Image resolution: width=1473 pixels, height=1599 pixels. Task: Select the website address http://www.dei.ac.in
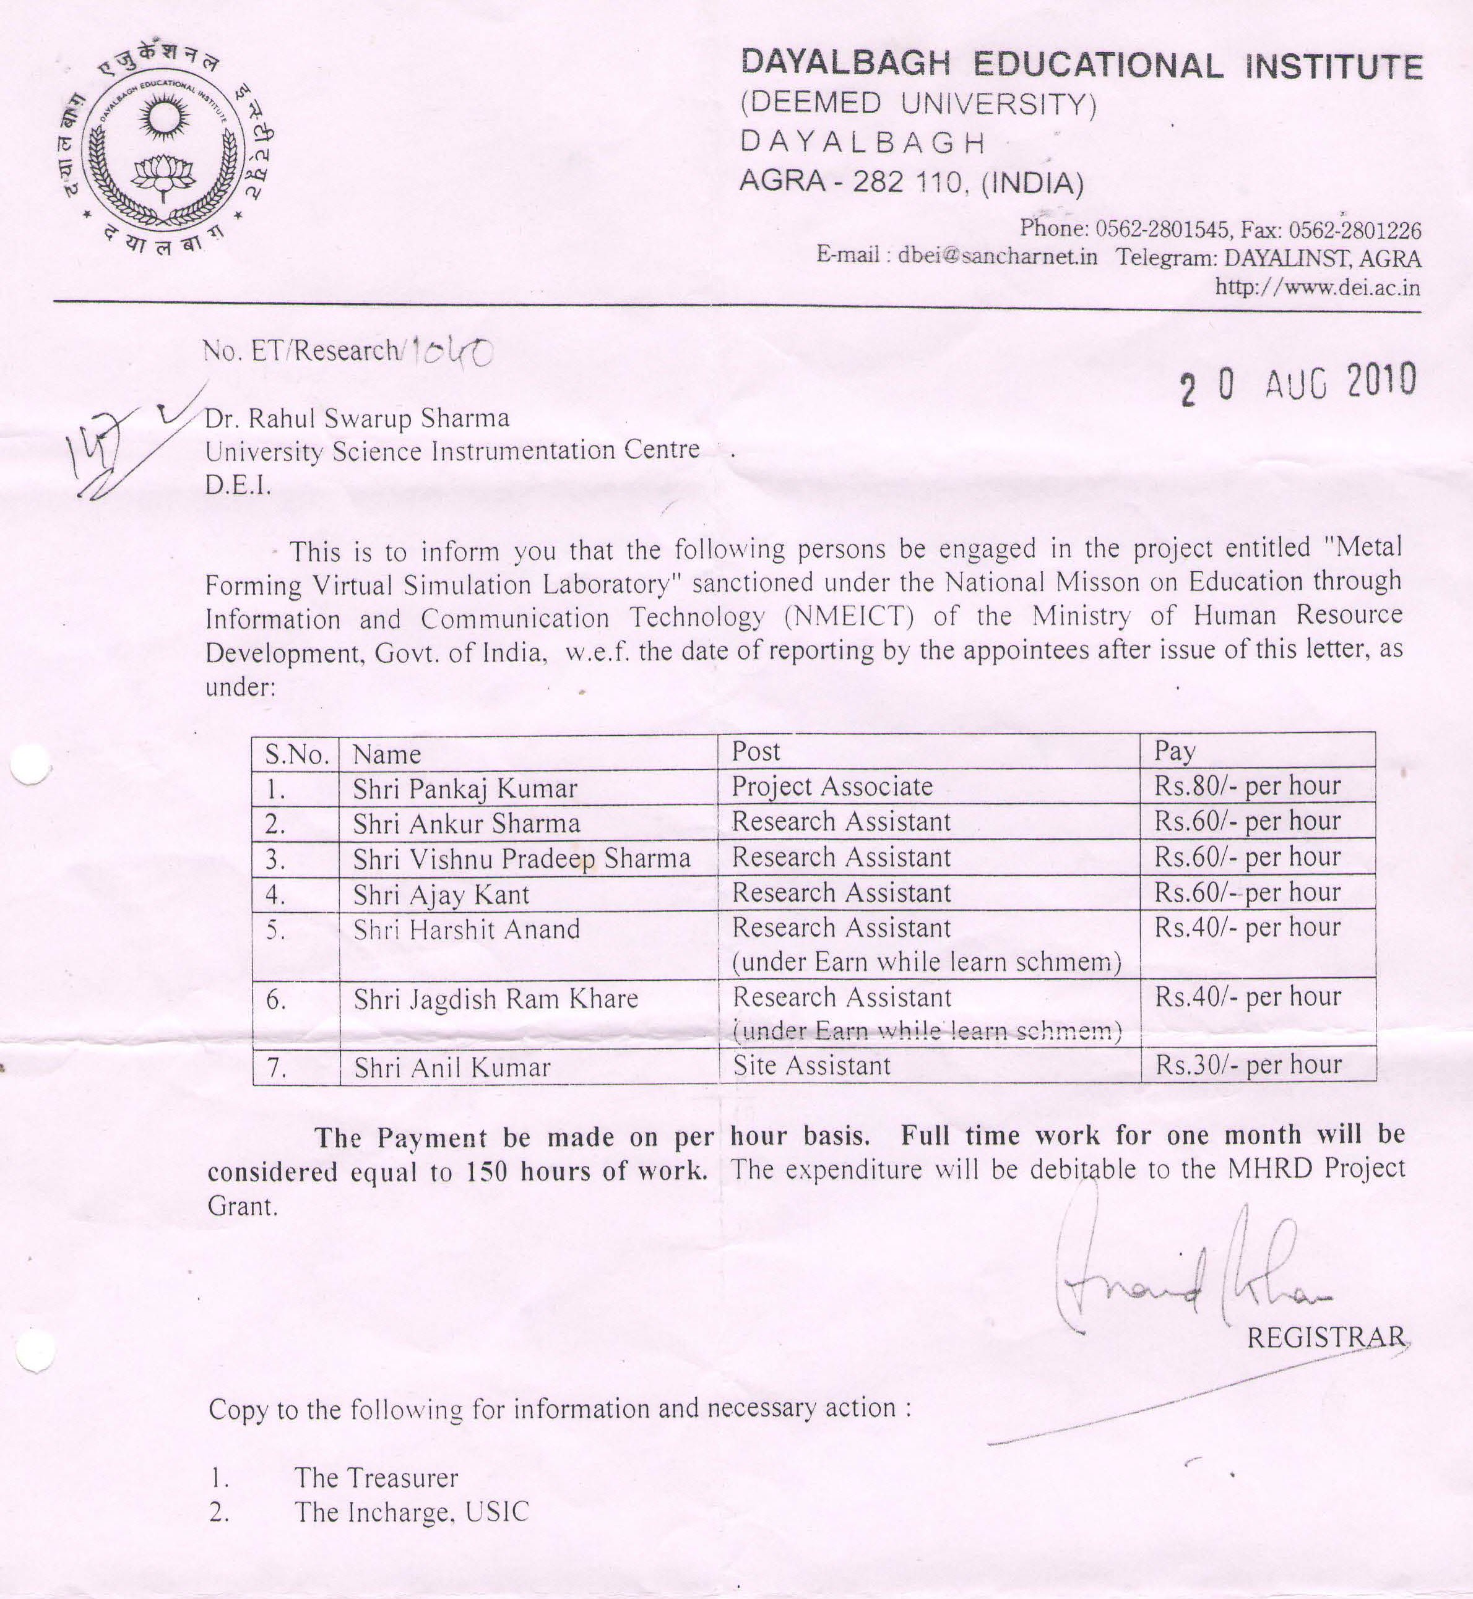(x=1317, y=287)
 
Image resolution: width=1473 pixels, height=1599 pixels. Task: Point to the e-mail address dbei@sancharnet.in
(x=997, y=257)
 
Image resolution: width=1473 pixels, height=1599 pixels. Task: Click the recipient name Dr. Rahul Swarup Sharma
(x=357, y=418)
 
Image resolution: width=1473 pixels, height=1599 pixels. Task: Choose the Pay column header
(x=1175, y=751)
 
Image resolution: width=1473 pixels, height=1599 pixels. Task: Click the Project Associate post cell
(x=832, y=787)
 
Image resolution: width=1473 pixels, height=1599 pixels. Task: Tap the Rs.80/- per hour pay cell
(x=1248, y=786)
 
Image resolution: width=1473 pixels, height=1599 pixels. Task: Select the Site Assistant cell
(x=811, y=1066)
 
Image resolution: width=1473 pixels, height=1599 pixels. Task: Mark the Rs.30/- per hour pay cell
(x=1248, y=1064)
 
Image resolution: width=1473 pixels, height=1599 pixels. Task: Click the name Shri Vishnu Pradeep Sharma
(x=521, y=858)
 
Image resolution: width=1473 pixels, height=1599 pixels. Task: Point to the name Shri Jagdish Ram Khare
(x=496, y=999)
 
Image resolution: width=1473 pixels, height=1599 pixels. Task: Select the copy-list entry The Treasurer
(x=376, y=1478)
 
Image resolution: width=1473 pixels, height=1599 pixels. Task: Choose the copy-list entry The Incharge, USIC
(x=412, y=1512)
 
